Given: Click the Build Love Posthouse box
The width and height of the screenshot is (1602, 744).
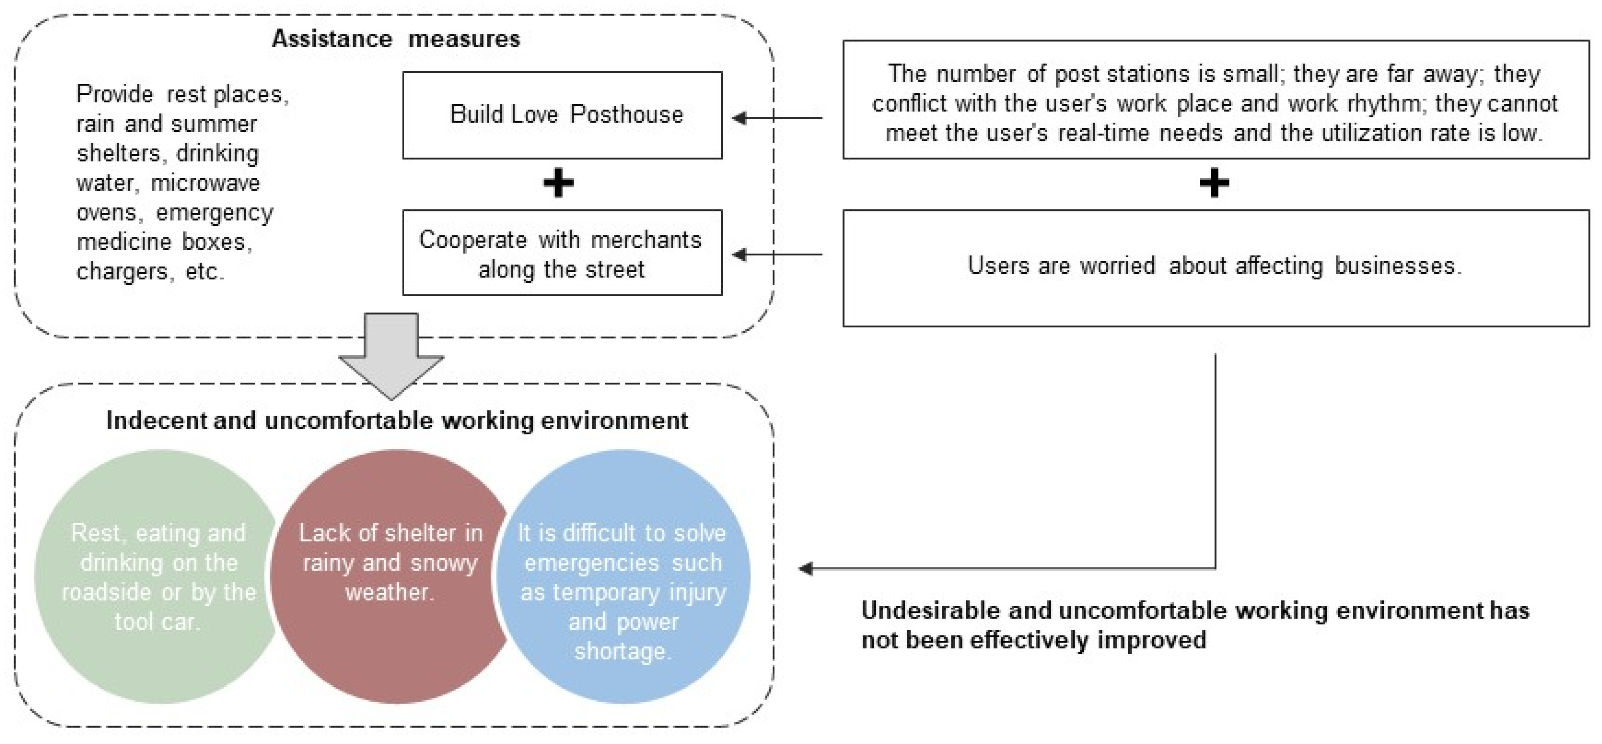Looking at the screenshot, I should [562, 115].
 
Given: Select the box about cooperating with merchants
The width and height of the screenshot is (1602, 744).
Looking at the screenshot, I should [562, 253].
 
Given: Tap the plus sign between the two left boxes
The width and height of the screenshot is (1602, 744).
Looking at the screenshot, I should [559, 183].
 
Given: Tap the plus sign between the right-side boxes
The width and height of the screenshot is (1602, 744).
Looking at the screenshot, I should [1214, 183].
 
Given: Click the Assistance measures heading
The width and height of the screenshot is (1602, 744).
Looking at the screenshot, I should [396, 39].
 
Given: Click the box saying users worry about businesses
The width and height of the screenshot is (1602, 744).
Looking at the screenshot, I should [1215, 267].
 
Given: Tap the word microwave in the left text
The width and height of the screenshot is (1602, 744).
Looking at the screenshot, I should [205, 183].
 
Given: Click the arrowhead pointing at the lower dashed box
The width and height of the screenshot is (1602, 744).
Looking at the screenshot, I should [806, 568].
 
